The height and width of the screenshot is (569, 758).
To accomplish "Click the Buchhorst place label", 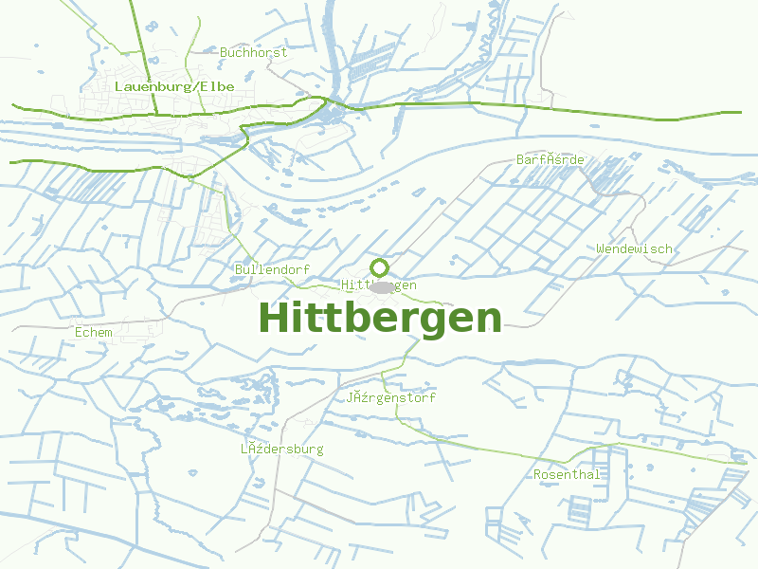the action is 253,53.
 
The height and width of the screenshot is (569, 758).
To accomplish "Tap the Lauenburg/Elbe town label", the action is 173,86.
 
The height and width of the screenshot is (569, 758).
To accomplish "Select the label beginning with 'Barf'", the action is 550,159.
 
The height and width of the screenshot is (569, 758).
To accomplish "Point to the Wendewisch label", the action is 634,248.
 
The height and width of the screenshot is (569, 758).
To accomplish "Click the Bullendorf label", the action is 272,270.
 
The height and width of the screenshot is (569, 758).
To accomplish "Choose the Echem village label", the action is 93,332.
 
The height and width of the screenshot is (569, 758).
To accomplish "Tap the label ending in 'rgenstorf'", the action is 390,398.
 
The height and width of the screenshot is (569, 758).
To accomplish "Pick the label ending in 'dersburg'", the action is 281,449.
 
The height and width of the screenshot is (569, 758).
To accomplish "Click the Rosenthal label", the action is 567,474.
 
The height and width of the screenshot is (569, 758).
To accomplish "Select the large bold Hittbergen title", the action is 380,319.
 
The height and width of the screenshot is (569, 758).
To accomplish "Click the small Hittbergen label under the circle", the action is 379,285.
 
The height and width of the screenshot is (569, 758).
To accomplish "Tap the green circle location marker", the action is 379,267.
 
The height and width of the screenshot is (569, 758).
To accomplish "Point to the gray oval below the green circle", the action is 381,286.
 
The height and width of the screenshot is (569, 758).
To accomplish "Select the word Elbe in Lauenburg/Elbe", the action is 218,86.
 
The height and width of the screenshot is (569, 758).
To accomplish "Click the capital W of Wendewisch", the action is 601,248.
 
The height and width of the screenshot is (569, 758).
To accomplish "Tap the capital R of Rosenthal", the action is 537,474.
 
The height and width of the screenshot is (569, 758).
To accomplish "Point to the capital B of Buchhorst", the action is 224,53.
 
